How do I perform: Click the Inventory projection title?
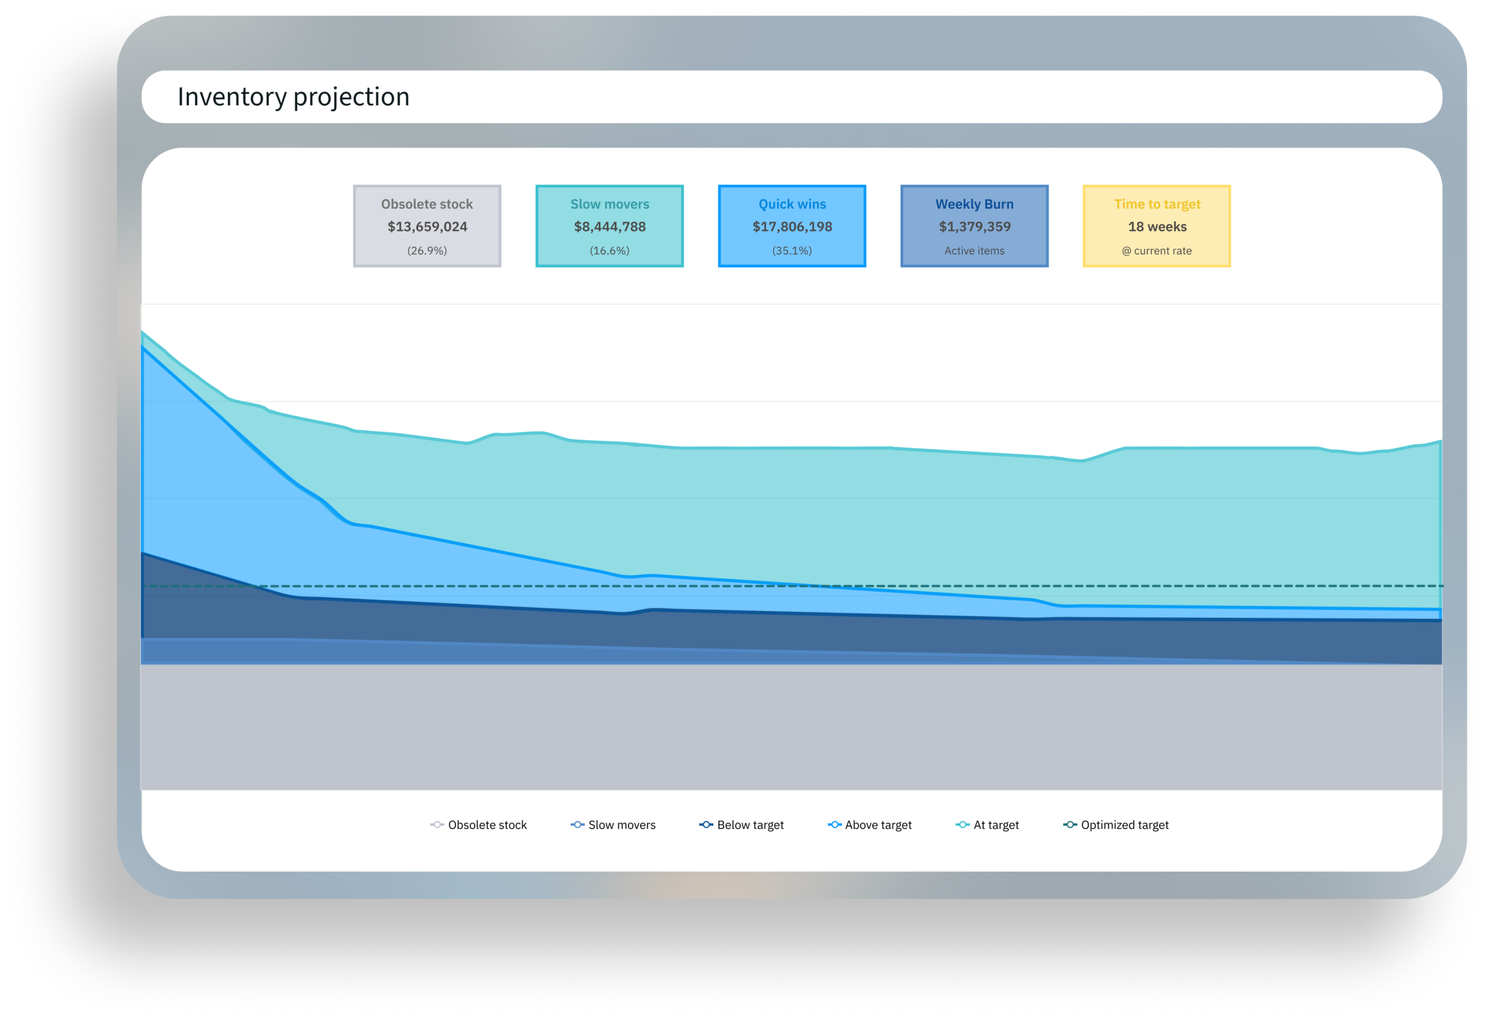tap(294, 97)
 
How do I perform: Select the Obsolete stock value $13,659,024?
tap(428, 227)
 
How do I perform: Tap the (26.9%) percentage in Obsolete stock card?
tap(428, 251)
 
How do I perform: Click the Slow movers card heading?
tap(610, 204)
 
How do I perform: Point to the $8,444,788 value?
tap(610, 227)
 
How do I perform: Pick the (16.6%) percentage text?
tap(610, 251)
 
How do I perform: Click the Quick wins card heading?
tap(793, 204)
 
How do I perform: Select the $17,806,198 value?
tap(793, 227)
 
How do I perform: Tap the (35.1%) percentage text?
tap(793, 251)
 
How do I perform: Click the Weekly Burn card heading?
tap(974, 204)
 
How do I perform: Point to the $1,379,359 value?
tap(974, 227)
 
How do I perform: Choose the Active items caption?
tap(974, 251)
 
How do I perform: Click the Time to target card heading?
tap(1157, 204)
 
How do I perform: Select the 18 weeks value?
tap(1157, 227)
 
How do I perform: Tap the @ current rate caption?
tap(1157, 251)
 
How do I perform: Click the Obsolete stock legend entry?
tap(479, 825)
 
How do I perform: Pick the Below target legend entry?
tap(742, 825)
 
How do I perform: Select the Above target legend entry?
tap(870, 825)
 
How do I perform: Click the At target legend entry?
tap(988, 825)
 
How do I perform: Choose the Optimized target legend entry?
tap(1116, 825)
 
